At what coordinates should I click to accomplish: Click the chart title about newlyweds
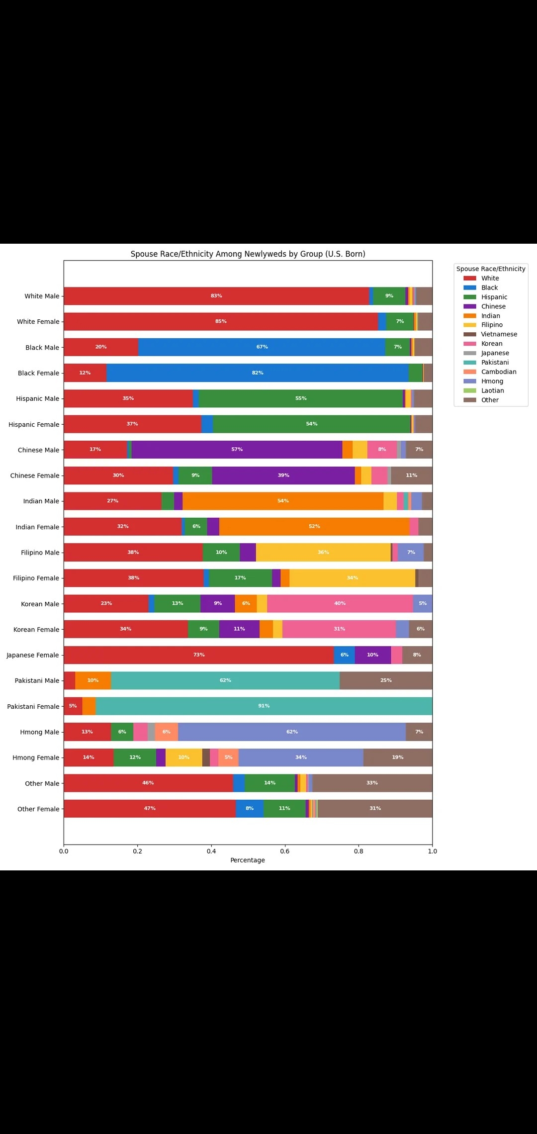248,254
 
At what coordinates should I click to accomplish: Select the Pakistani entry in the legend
494,363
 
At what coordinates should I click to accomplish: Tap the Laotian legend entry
492,390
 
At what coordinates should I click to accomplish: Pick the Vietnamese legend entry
499,334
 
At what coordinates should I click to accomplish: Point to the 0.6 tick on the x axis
285,851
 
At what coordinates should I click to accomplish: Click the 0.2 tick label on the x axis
137,851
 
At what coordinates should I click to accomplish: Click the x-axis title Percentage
248,860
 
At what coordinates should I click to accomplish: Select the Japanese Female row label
33,655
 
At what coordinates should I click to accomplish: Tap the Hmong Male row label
39,732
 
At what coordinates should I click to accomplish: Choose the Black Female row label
38,373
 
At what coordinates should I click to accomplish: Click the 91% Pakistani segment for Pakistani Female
264,706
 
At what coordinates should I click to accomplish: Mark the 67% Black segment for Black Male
262,347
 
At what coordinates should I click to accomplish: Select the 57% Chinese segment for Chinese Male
237,450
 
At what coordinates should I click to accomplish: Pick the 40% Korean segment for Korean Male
340,604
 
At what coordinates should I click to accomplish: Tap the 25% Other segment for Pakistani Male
386,680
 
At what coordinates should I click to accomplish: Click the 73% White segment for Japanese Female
199,655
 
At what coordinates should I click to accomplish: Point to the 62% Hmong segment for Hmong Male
292,732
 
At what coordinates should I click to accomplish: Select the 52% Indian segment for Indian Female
314,527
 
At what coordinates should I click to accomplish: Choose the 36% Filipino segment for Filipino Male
323,553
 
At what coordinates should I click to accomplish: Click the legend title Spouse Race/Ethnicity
491,269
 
